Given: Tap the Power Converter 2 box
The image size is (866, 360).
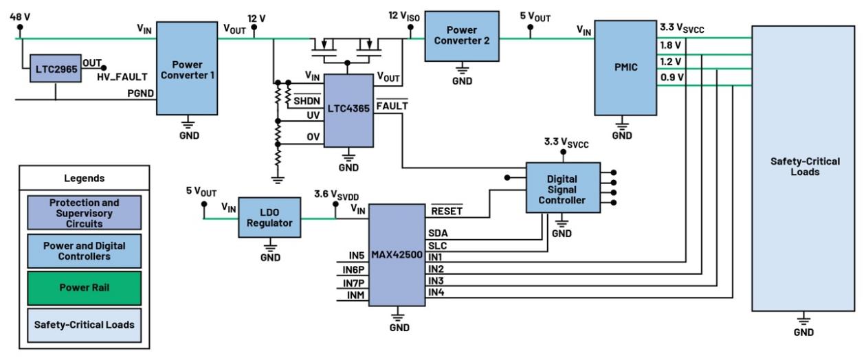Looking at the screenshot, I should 462,36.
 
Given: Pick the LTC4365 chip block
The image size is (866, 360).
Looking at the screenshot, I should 348,111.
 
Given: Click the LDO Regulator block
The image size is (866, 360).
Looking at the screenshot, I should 269,218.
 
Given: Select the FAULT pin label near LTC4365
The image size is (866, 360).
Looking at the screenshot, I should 392,106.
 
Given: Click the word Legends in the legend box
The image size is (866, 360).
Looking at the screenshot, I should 85,178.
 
